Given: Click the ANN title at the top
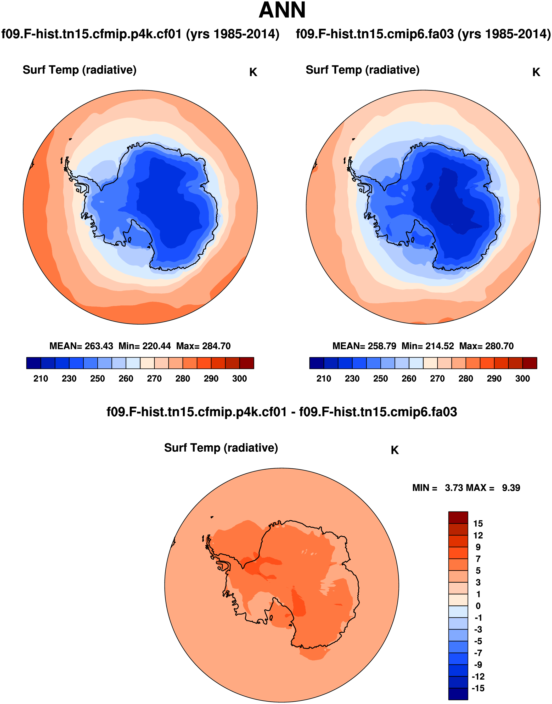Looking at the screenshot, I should coord(282,10).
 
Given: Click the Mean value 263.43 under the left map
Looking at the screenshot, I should coord(99,346).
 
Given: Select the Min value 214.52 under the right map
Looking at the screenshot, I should coord(440,346).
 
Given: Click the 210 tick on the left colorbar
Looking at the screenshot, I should coord(41,378).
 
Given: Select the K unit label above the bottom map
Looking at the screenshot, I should coord(395,450).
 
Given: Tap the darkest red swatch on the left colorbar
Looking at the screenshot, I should coord(247,363).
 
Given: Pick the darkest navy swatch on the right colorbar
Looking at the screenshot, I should coord(316,363).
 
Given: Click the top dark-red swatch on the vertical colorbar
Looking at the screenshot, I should coord(458,517).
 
